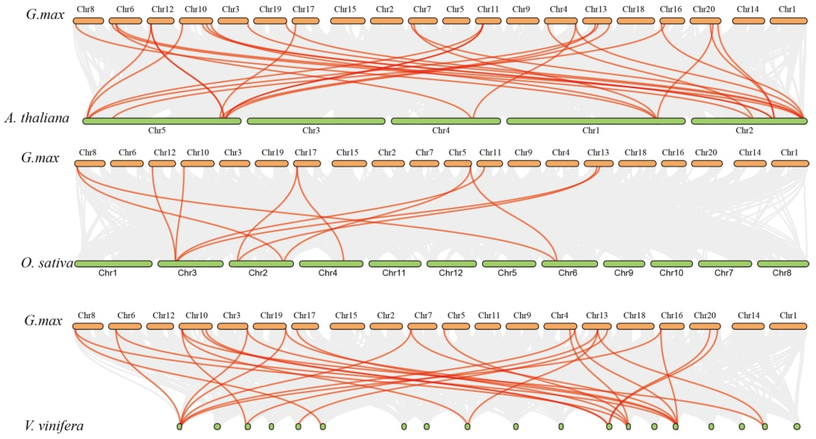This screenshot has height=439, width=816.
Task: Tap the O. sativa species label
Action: click(x=47, y=263)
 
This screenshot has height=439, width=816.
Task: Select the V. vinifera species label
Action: click(x=54, y=426)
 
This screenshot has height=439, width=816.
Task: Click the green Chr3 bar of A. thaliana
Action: click(x=316, y=121)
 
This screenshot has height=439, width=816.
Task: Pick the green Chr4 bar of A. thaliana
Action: click(x=446, y=121)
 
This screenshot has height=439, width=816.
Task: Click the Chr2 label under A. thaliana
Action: click(x=744, y=130)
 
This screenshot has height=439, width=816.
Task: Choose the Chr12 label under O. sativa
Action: click(x=451, y=272)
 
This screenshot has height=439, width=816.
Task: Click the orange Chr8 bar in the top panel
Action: click(x=88, y=21)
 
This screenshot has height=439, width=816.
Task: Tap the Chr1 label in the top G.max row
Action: click(x=787, y=9)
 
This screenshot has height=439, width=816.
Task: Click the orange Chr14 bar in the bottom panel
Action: click(x=748, y=326)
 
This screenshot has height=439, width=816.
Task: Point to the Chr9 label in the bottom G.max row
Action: click(x=522, y=315)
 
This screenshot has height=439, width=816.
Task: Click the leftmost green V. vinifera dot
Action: click(x=180, y=426)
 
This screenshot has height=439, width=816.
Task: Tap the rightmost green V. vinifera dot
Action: click(x=797, y=426)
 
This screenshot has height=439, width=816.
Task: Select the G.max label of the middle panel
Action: click(x=40, y=157)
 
